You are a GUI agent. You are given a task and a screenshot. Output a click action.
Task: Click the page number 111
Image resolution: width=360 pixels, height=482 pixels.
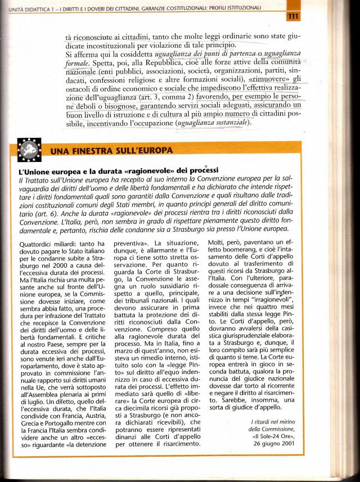(292, 17)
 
